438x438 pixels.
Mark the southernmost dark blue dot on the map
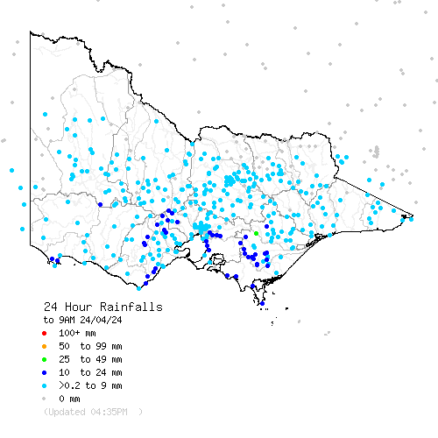261,304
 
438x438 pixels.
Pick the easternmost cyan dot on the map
412,218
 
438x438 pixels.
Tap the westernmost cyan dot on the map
11,170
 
